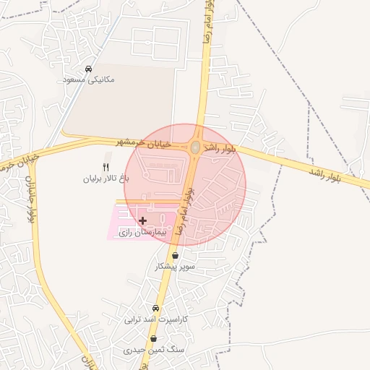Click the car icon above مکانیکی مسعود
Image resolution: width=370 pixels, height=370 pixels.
tap(88, 69)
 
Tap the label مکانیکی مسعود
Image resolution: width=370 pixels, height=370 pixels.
tap(88, 79)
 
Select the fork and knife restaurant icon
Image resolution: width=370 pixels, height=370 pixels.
tap(106, 167)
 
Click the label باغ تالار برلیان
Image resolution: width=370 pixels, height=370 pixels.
tap(106, 178)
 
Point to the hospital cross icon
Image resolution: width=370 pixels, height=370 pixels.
tap(142, 220)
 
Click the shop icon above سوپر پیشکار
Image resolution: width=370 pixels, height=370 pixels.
tap(176, 255)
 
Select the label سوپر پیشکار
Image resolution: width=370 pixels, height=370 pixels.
tap(175, 267)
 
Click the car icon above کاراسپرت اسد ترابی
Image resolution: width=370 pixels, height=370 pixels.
tap(156, 308)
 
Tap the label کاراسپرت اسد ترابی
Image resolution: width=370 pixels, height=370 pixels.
tap(156, 319)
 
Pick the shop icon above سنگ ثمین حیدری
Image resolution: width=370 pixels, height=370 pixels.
tap(154, 338)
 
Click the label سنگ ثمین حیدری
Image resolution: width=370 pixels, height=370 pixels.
tap(154, 350)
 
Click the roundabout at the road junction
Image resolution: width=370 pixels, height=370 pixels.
tap(195, 147)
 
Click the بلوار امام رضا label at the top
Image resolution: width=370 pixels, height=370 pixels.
tap(208, 22)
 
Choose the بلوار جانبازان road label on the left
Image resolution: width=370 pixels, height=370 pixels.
tap(30, 198)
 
